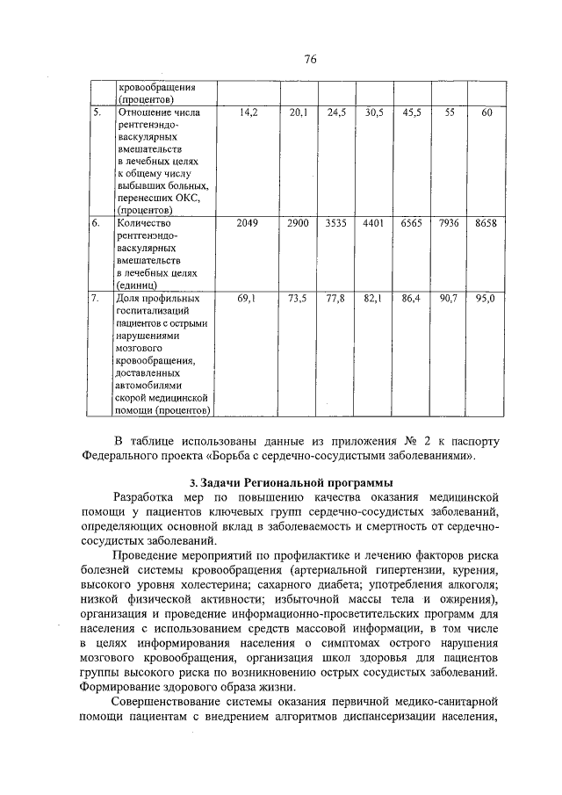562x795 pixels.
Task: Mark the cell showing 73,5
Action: point(298,299)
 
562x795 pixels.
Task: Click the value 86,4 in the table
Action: point(411,299)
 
